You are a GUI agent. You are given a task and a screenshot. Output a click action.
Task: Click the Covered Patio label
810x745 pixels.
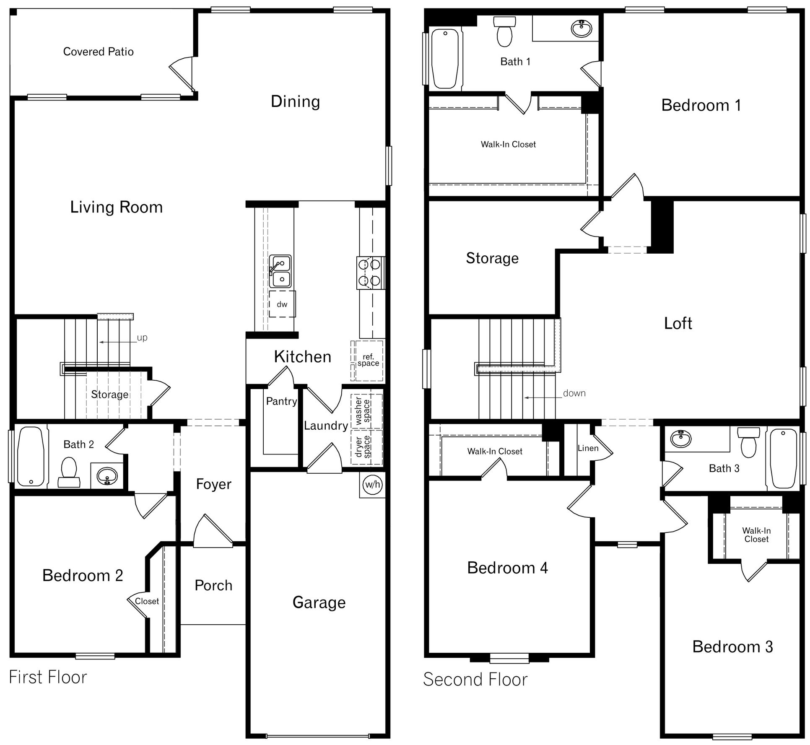click(98, 52)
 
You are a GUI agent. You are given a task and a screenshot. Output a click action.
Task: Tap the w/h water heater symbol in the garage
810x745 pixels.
click(372, 485)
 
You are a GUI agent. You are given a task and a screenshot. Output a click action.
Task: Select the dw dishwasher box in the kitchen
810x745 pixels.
click(282, 304)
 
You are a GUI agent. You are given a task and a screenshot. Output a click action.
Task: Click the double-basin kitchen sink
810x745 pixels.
click(280, 271)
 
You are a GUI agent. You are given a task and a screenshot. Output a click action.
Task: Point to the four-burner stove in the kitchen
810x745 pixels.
click(370, 273)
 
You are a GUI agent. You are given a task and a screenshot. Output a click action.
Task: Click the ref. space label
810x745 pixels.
click(368, 360)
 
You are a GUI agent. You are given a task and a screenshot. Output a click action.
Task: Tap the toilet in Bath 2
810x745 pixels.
click(69, 472)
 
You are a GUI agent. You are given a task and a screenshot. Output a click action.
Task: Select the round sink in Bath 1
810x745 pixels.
click(582, 29)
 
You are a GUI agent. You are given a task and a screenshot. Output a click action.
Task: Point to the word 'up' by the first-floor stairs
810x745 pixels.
click(142, 337)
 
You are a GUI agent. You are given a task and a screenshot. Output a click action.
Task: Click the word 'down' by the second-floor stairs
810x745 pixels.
click(574, 393)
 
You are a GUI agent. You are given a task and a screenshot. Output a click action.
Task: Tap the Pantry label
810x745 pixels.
click(281, 401)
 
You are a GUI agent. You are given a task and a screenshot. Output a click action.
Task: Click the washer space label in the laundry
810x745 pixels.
click(363, 410)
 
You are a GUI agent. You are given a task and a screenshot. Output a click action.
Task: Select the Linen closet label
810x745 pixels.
click(588, 448)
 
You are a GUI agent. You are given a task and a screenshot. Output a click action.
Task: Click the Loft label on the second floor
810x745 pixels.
click(678, 323)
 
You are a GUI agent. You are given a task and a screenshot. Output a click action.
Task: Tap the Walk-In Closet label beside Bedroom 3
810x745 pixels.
click(756, 535)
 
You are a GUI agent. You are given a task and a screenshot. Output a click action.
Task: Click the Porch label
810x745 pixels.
click(213, 585)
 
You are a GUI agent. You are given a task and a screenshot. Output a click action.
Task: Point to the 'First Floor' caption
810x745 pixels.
click(48, 677)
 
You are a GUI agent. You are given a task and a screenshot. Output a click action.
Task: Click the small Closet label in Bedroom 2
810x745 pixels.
click(147, 601)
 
